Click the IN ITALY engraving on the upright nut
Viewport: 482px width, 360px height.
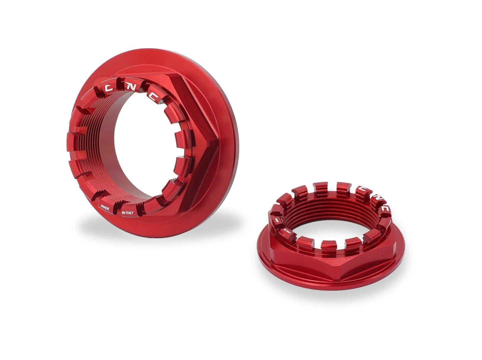(128, 213)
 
